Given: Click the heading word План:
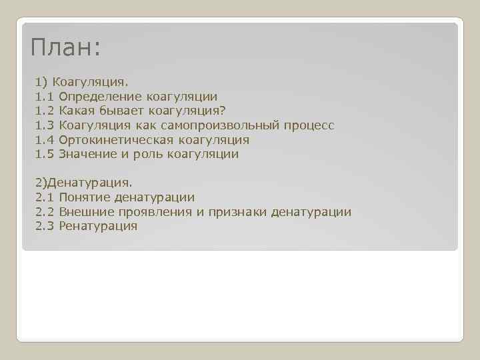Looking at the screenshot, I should tap(66, 48).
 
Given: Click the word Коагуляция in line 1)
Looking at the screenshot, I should tap(90, 82).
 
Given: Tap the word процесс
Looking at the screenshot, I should tap(309, 125).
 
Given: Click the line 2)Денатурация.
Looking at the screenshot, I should tap(84, 182).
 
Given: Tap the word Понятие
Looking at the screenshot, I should tap(84, 197).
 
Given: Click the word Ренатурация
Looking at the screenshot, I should tap(98, 226).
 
